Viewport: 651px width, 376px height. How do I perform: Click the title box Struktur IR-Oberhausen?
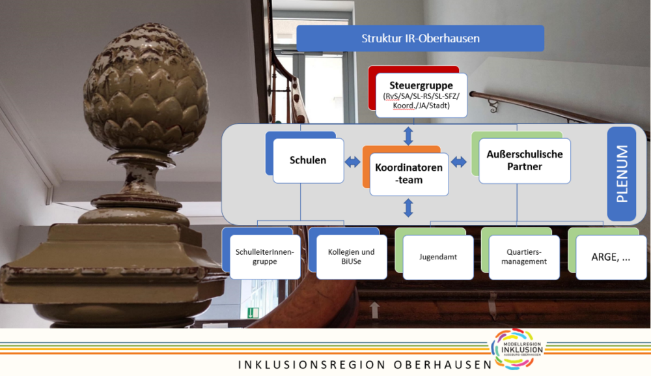[420, 38]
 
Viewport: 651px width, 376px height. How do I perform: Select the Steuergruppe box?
[421, 95]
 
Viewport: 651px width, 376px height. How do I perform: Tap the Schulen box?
[308, 160]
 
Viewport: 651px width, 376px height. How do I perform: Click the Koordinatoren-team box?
[409, 174]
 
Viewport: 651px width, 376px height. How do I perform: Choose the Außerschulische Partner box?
[524, 161]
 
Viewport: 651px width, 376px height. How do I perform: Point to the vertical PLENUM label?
[622, 174]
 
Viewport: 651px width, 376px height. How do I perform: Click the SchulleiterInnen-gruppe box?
[265, 257]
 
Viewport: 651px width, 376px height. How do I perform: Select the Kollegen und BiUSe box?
[352, 257]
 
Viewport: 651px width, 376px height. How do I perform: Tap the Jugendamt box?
[438, 257]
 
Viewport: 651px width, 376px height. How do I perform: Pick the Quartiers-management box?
[524, 257]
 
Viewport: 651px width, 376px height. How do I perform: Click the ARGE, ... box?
[611, 257]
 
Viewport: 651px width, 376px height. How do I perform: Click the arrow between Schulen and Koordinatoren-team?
[352, 162]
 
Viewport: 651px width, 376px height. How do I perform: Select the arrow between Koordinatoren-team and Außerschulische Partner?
[459, 162]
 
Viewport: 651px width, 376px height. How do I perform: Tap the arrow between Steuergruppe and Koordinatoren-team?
[409, 136]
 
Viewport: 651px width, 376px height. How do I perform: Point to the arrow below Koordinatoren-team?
[409, 208]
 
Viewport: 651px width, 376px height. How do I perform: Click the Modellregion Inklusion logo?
[518, 349]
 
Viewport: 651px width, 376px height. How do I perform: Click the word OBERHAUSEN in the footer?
[443, 365]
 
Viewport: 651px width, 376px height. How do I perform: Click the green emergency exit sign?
[253, 312]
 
